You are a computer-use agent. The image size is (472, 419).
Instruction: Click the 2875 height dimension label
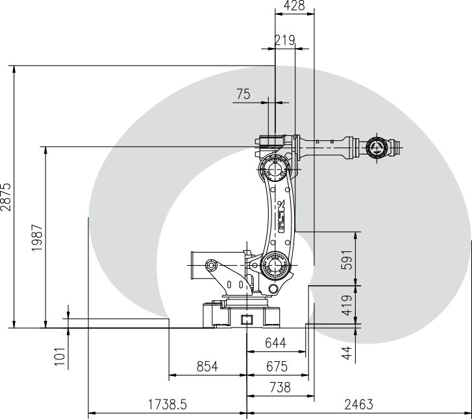pos(6,197)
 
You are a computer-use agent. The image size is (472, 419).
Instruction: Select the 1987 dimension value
pos(37,238)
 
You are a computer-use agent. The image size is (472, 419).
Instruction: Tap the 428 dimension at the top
pos(294,5)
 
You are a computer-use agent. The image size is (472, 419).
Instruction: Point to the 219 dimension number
pos(285,40)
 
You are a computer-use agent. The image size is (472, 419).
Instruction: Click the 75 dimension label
pos(243,94)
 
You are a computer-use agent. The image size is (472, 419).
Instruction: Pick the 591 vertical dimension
pos(347,260)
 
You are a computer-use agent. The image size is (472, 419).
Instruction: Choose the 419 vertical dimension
pos(347,305)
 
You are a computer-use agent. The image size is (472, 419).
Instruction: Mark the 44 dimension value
pos(347,353)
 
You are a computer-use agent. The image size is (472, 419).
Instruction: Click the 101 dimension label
pos(60,357)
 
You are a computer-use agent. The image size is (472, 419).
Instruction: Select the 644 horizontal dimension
pos(275,343)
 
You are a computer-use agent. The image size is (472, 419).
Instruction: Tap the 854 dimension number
pos(207,366)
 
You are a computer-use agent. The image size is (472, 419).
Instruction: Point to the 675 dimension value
pos(277,366)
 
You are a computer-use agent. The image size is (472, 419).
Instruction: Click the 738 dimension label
pos(280,387)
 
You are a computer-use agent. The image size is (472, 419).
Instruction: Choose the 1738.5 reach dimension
pos(168,404)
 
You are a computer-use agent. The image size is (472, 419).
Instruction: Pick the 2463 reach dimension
pos(359,405)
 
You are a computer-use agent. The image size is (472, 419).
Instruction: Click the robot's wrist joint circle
pos(377,147)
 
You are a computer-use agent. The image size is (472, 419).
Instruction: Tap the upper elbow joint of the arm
pos(275,170)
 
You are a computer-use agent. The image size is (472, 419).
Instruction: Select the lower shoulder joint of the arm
pos(275,266)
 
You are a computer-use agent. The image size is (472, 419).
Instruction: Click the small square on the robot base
pos(247,320)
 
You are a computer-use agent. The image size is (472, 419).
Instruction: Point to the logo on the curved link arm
pos(281,216)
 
